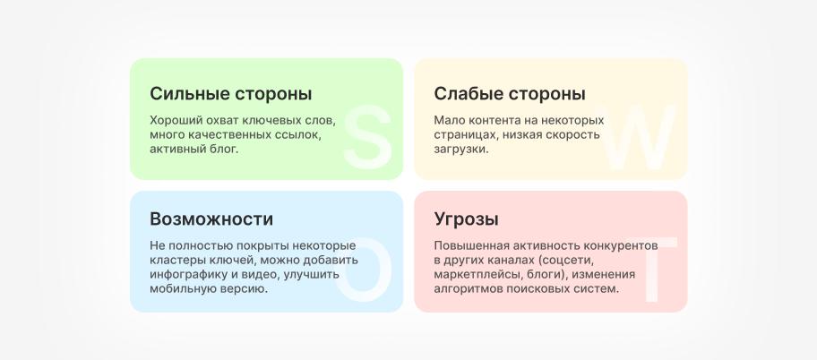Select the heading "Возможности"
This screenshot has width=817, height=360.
[211, 219]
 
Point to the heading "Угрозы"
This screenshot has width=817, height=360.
[466, 219]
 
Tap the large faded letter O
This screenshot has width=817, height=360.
[364, 269]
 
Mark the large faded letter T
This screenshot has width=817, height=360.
[651, 269]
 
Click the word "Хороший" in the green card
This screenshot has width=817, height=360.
[176, 120]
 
